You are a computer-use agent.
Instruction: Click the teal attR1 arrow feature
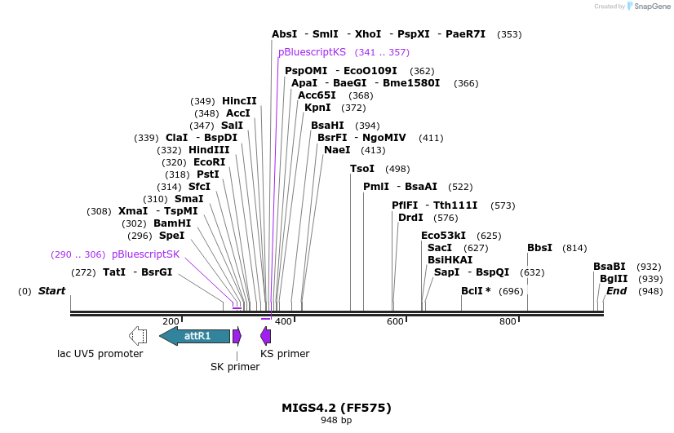point(195,336)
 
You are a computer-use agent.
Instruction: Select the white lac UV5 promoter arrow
point(138,336)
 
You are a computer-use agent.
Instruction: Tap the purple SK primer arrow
point(237,336)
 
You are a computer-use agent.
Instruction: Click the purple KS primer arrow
point(266,336)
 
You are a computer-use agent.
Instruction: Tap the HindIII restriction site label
point(210,150)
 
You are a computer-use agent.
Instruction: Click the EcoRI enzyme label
point(209,162)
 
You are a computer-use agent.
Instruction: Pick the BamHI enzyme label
point(172,223)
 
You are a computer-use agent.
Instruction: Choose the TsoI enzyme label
point(362,169)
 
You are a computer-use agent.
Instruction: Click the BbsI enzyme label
point(539,248)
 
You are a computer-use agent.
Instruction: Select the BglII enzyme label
point(614,279)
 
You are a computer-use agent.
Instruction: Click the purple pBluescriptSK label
point(145,254)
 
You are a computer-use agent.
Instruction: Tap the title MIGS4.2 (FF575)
point(336,408)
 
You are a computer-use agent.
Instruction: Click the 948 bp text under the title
point(336,421)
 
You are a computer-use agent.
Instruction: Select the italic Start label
point(51,291)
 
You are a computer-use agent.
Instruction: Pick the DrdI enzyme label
point(410,218)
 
